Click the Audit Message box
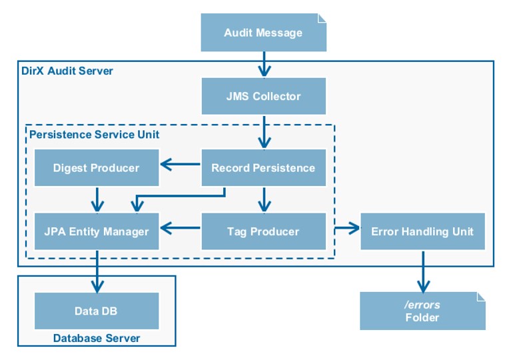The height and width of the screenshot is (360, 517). [x=263, y=33]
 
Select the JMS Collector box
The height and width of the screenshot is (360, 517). [x=263, y=96]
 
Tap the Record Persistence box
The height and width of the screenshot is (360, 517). [x=263, y=167]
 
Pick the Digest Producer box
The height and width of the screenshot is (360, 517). [x=97, y=167]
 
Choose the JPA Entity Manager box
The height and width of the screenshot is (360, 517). [x=97, y=231]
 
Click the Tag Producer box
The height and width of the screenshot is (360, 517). [x=263, y=231]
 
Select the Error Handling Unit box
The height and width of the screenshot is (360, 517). [x=422, y=231]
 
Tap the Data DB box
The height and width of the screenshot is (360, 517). [x=97, y=311]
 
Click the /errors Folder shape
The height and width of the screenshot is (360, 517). [x=422, y=311]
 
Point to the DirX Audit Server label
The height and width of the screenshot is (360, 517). [x=67, y=71]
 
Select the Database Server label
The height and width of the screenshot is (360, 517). [x=97, y=338]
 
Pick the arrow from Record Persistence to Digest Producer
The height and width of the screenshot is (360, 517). [x=180, y=162]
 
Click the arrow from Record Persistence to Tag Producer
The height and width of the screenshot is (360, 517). [x=264, y=199]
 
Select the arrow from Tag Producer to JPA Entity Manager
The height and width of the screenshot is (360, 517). [x=180, y=229]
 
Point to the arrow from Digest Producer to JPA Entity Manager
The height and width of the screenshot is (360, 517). [x=98, y=199]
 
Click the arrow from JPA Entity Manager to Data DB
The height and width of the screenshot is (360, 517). [x=98, y=271]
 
